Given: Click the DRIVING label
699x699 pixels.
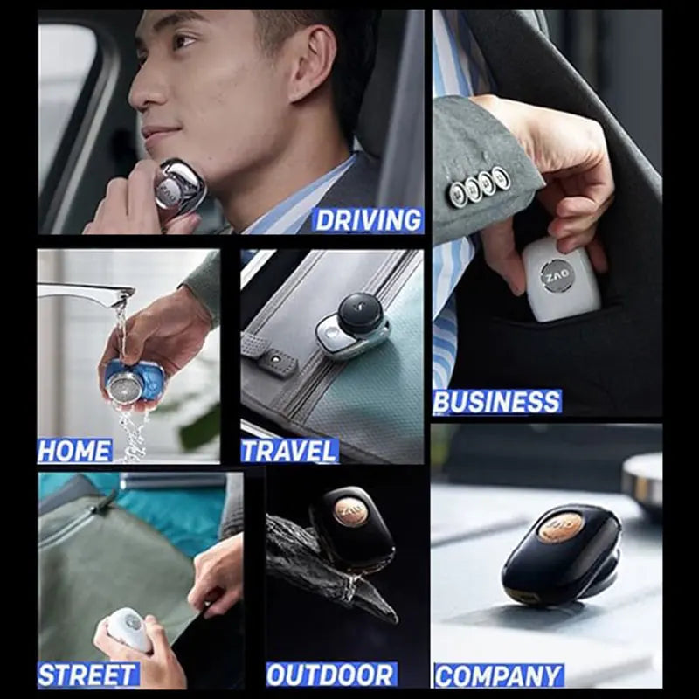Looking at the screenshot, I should [x=368, y=219].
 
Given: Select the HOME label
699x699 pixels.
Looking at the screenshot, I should [x=75, y=451].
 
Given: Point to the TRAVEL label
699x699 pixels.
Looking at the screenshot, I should [x=289, y=451].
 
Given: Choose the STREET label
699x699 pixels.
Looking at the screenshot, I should [x=87, y=675].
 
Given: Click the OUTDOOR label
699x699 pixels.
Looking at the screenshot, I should [x=330, y=675].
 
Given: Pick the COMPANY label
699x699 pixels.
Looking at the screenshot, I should [x=498, y=675].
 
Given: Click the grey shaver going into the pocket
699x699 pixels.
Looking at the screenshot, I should [x=560, y=280].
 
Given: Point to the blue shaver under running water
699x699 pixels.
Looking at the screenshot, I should [x=135, y=382].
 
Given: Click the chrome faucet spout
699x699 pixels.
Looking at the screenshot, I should [x=87, y=294].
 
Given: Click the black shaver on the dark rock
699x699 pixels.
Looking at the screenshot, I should [x=352, y=528].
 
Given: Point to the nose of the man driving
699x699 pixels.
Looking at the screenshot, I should [x=138, y=90].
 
